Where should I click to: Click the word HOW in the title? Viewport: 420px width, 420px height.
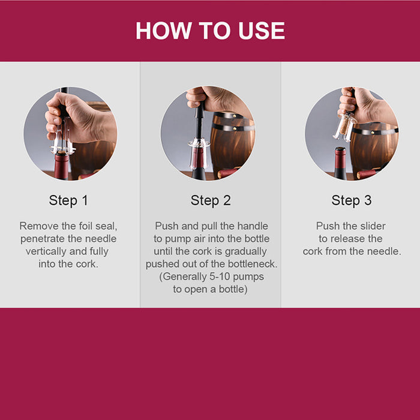coord(164,31)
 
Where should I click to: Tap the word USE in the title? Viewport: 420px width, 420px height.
coord(262,31)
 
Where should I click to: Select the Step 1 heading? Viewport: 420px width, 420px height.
coord(68,200)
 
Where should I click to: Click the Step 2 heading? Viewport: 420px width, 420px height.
coord(211,200)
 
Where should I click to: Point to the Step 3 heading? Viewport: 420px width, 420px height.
coord(352,200)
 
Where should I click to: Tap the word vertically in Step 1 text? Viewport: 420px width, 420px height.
coord(46,251)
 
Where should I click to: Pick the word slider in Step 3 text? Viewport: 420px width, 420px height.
coord(373,226)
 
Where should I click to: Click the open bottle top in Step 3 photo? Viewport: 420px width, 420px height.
coord(340,149)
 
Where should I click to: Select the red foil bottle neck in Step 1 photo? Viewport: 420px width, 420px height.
coord(62,165)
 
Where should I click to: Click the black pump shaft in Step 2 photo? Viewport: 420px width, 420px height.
coord(199,124)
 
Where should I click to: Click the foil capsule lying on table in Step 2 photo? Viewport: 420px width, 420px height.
coord(228,173)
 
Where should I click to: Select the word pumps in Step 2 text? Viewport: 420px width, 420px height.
coord(248,277)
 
